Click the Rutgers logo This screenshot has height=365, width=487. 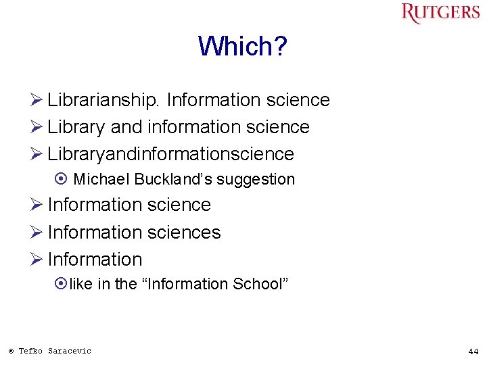pyautogui.click(x=440, y=13)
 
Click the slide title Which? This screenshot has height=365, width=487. pyautogui.click(x=243, y=47)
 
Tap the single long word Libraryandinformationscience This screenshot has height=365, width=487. pyautogui.click(x=170, y=154)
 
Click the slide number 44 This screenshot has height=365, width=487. pyautogui.click(x=473, y=351)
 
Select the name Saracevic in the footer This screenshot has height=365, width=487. pyautogui.click(x=69, y=351)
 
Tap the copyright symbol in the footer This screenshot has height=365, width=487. pyautogui.click(x=11, y=351)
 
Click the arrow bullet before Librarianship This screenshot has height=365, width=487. pyautogui.click(x=37, y=101)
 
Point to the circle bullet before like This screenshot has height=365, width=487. pyautogui.click(x=62, y=285)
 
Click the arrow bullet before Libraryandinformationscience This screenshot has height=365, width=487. pyautogui.click(x=37, y=154)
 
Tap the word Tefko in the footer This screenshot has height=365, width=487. pyautogui.click(x=30, y=351)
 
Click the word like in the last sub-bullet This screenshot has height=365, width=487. pyautogui.click(x=81, y=285)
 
